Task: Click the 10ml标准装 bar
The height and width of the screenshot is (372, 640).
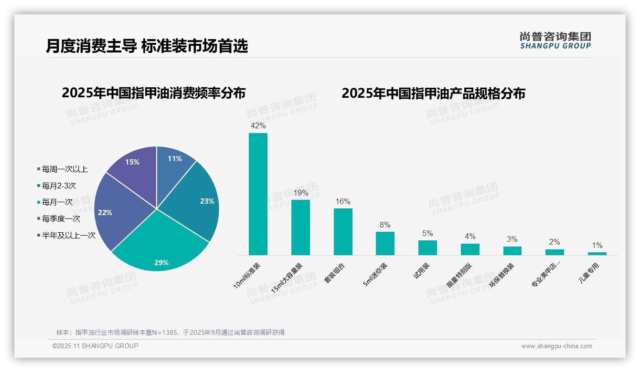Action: [258, 194]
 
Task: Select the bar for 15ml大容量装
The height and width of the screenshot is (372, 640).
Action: [300, 227]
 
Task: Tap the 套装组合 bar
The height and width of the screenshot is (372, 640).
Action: [343, 232]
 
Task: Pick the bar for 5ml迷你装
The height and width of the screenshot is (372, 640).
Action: [385, 243]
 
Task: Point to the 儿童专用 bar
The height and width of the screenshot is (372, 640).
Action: [597, 254]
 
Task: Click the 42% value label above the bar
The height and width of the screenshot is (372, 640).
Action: [258, 126]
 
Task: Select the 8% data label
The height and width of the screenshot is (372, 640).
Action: [385, 225]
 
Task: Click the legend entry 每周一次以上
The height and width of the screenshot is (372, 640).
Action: [64, 169]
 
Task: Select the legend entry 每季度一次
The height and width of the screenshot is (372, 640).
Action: [61, 219]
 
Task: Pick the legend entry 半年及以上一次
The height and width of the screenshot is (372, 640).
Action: [68, 236]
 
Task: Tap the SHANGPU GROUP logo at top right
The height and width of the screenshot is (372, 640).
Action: [555, 41]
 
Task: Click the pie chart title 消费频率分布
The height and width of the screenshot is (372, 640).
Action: [153, 93]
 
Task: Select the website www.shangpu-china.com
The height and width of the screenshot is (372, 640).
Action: [556, 346]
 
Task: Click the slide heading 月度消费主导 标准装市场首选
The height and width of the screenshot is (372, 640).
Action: [147, 46]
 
